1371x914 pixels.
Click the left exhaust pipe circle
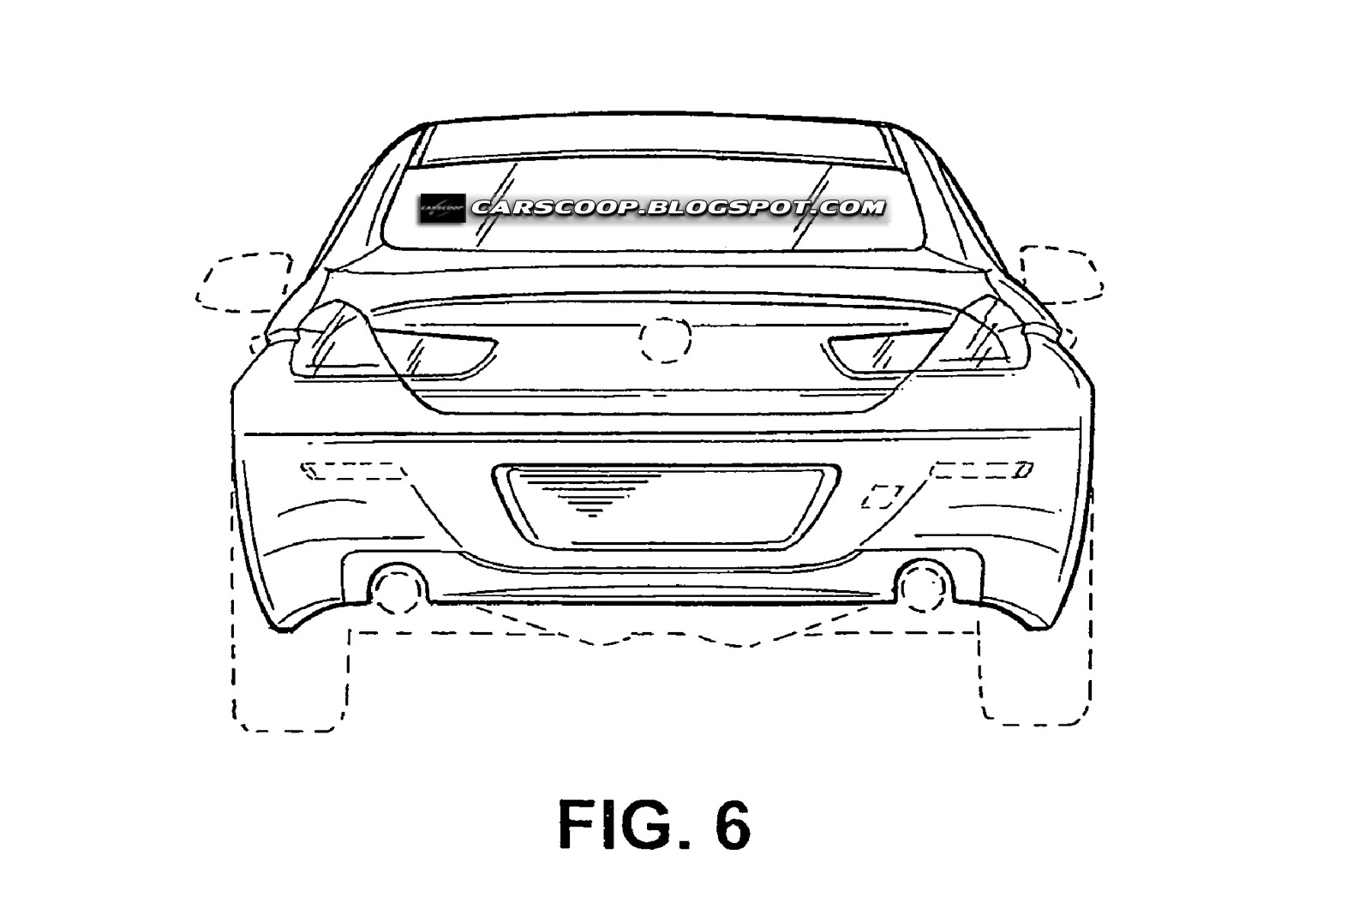[x=398, y=588]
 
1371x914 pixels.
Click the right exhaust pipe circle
[x=922, y=586]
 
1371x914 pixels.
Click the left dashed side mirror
[x=244, y=280]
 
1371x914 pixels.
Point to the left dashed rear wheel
[x=290, y=677]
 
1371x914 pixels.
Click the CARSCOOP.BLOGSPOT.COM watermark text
[x=678, y=207]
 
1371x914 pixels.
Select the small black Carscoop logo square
[x=442, y=207]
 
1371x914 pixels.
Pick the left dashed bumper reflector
[x=353, y=470]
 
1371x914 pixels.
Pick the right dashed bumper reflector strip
[x=982, y=469]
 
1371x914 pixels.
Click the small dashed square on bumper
[x=882, y=496]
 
